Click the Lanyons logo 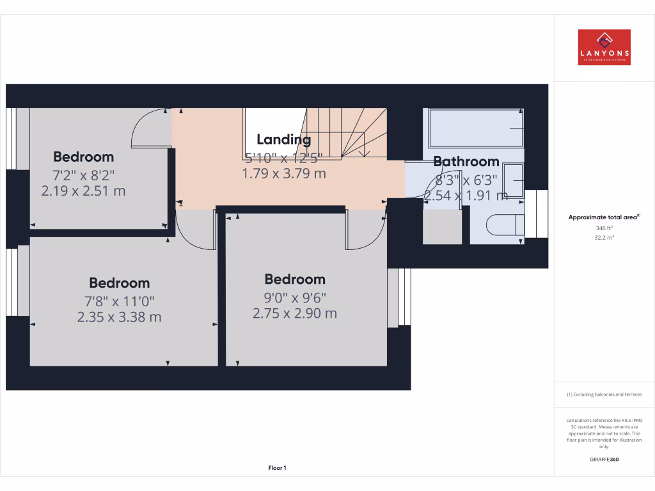pyautogui.click(x=604, y=47)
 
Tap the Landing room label pyautogui.click(x=283, y=139)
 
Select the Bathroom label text pyautogui.click(x=466, y=162)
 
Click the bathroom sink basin pyautogui.click(x=514, y=182)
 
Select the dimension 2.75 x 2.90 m pyautogui.click(x=294, y=313)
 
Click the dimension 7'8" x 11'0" pyautogui.click(x=119, y=300)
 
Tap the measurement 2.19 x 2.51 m pyautogui.click(x=83, y=191)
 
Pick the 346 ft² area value pyautogui.click(x=604, y=228)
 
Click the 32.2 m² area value pyautogui.click(x=604, y=237)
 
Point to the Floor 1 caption pyautogui.click(x=277, y=468)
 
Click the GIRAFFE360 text pyautogui.click(x=604, y=459)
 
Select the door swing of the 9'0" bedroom pyautogui.click(x=365, y=230)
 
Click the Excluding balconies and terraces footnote pyautogui.click(x=604, y=394)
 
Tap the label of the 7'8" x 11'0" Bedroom pyautogui.click(x=119, y=283)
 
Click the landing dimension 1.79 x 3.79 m pyautogui.click(x=283, y=173)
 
